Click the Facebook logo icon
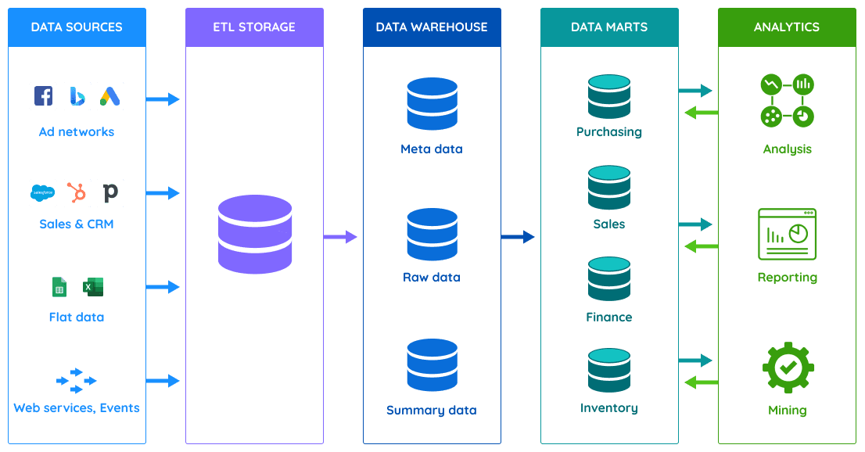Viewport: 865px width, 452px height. point(43,95)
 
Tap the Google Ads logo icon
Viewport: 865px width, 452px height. point(110,95)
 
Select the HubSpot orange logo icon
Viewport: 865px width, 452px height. point(77,192)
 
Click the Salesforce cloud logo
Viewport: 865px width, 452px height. point(43,192)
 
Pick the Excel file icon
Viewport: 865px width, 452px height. point(94,287)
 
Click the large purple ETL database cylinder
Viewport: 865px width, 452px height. point(255,235)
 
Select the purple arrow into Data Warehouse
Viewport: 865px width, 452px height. point(340,236)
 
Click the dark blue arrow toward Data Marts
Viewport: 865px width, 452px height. point(518,236)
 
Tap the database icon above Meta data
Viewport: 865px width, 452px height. point(432,104)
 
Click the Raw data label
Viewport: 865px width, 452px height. point(432,277)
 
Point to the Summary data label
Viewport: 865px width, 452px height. point(432,410)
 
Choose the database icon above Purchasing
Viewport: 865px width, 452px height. point(609,96)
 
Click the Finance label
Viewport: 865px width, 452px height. point(609,317)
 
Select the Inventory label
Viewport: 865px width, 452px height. point(609,407)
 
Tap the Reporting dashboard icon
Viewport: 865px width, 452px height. point(788,234)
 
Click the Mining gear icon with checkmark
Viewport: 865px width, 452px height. point(788,367)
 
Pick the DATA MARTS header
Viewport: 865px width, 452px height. point(609,27)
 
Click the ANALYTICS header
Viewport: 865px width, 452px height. point(787,27)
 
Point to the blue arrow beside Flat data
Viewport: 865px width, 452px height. point(163,287)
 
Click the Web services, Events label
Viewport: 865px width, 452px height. point(77,407)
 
